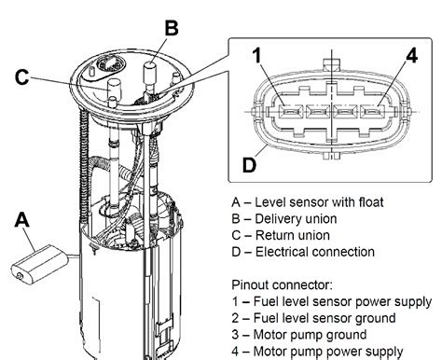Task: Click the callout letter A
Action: pyautogui.click(x=21, y=220)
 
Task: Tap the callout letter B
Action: pyautogui.click(x=172, y=28)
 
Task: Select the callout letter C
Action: pyautogui.click(x=21, y=76)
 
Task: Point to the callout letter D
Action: pyautogui.click(x=249, y=165)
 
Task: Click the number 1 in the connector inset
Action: pyautogui.click(x=256, y=55)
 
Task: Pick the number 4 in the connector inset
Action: pyautogui.click(x=412, y=56)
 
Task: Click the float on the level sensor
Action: pyautogui.click(x=39, y=264)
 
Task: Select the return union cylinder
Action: pyautogui.click(x=114, y=88)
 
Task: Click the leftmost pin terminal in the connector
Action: pyautogui.click(x=291, y=111)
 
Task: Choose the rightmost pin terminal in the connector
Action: pyautogui.click(x=373, y=111)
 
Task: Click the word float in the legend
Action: pyautogui.click(x=371, y=202)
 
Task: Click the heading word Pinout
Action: pyautogui.click(x=250, y=284)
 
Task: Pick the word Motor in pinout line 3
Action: pyautogui.click(x=269, y=335)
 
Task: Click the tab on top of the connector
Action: pyautogui.click(x=332, y=63)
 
